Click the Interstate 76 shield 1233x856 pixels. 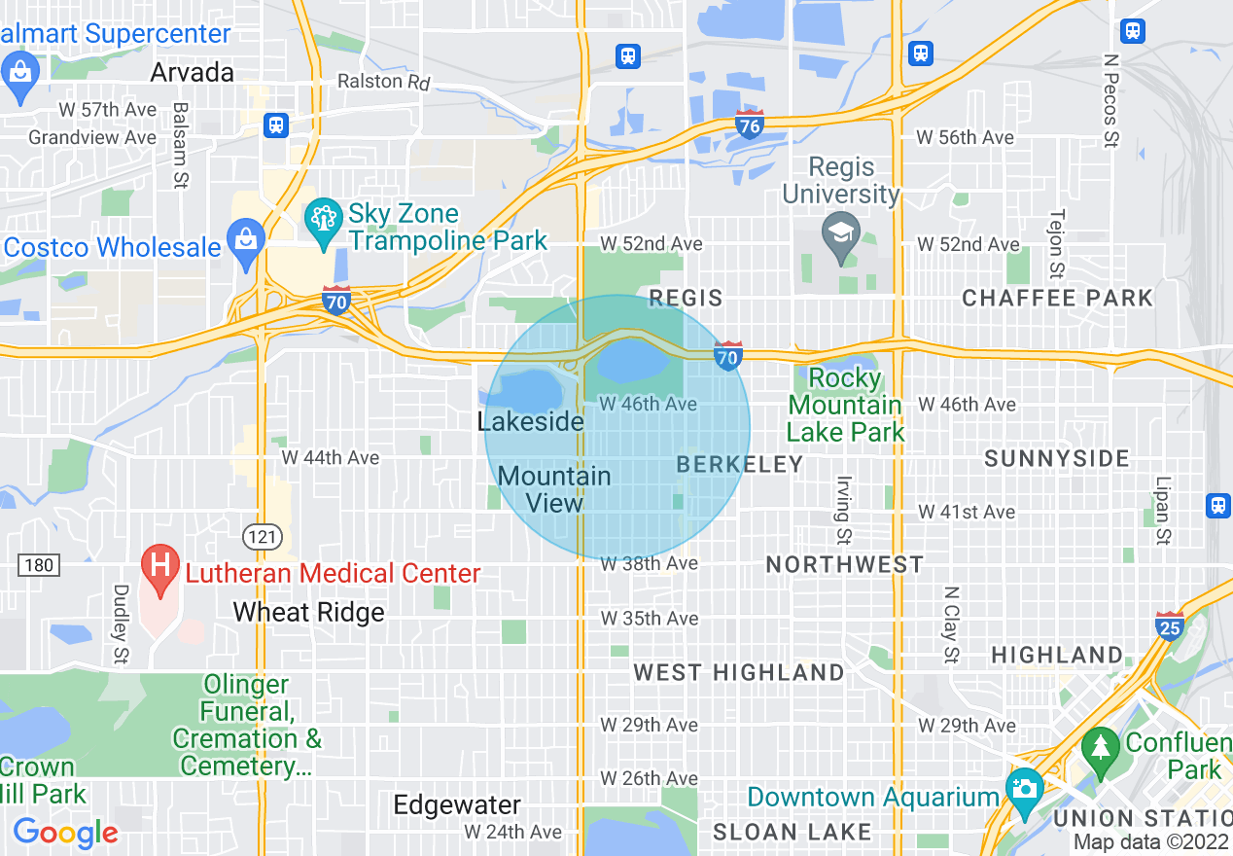[749, 125]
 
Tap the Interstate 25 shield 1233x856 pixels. [1170, 625]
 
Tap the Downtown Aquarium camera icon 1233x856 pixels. [1023, 787]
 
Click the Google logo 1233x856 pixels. [66, 833]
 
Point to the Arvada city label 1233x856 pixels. [193, 73]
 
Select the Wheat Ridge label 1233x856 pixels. [309, 613]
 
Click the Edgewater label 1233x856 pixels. [457, 805]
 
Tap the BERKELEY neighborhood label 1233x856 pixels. [740, 465]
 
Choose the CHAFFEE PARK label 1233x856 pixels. [1057, 298]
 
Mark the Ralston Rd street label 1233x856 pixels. [383, 82]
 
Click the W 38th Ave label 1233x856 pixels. [649, 564]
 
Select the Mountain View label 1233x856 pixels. [554, 489]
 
